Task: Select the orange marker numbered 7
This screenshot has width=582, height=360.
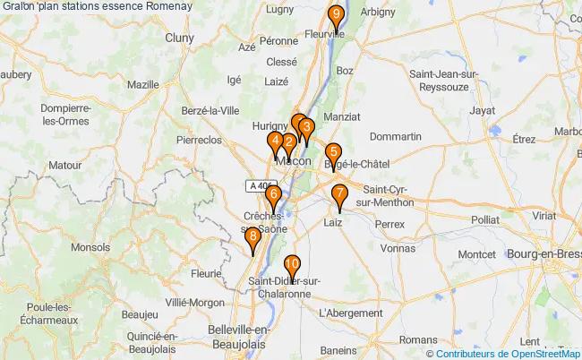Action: click(x=339, y=195)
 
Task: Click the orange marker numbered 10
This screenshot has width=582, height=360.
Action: click(x=291, y=265)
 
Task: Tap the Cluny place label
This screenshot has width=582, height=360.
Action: click(x=179, y=39)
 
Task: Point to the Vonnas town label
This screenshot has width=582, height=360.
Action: click(x=398, y=248)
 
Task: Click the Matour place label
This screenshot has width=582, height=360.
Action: click(x=64, y=165)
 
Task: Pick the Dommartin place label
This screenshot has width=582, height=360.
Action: click(x=395, y=136)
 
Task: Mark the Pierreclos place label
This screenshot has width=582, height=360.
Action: click(x=199, y=141)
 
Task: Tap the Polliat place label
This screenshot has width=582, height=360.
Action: click(x=485, y=219)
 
